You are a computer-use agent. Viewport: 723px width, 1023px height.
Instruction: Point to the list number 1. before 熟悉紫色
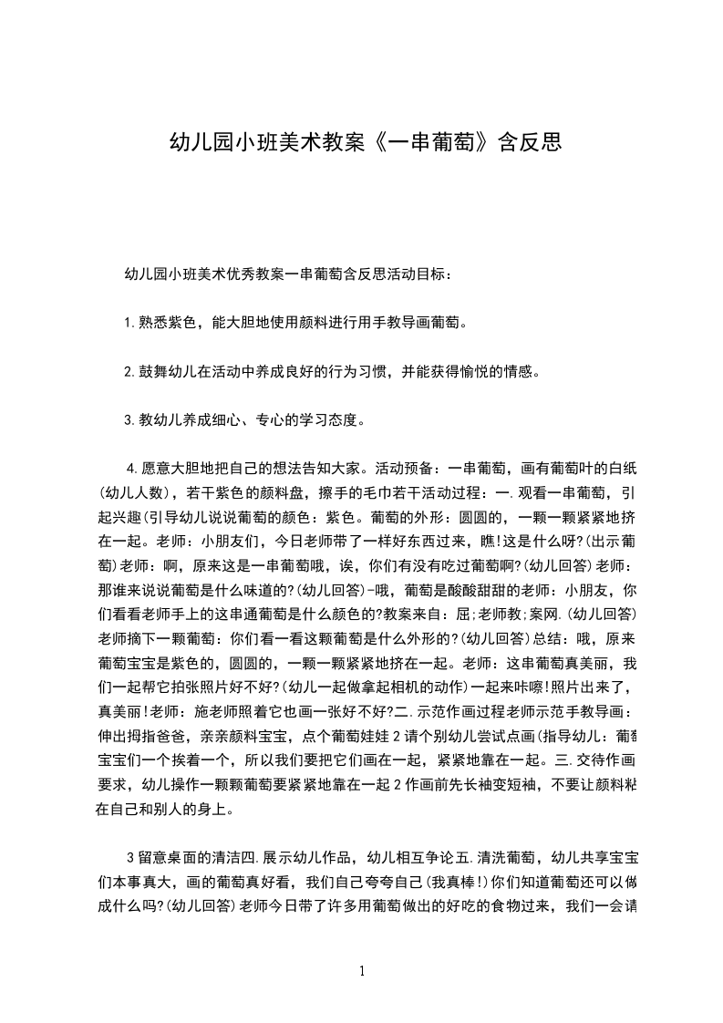[x=129, y=323]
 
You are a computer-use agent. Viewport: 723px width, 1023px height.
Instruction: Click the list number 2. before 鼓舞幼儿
[x=129, y=372]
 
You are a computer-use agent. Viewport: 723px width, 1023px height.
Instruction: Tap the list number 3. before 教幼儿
[x=129, y=421]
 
